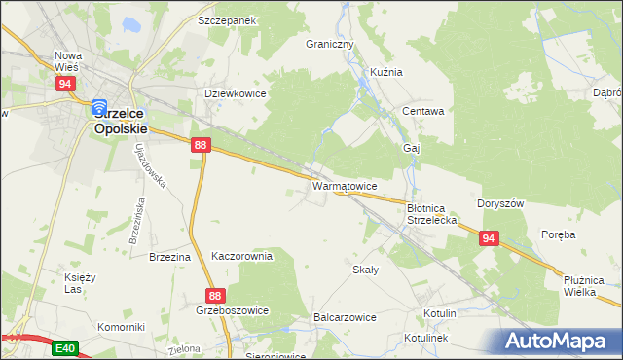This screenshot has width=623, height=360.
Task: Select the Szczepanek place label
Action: [x=226, y=19]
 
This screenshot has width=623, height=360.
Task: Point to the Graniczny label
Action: [x=330, y=45]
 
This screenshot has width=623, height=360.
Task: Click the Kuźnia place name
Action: [x=385, y=72]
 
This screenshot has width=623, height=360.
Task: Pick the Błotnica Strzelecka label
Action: [x=431, y=214]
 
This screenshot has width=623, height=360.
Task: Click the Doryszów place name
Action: [x=500, y=203]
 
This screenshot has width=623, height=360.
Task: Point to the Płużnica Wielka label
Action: [x=591, y=285]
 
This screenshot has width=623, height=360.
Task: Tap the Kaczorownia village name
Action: [x=241, y=256]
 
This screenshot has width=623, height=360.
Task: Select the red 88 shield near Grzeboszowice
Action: [x=216, y=295]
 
